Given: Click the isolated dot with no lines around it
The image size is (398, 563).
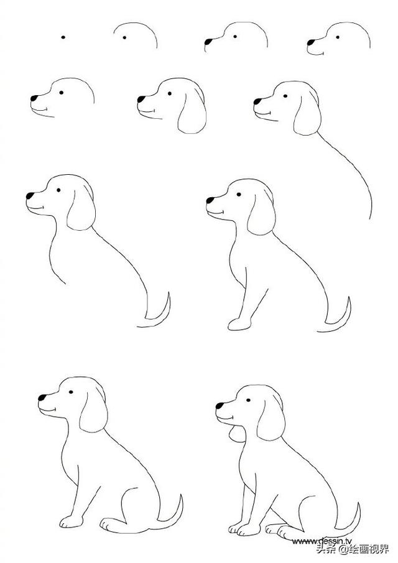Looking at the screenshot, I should click(63, 37).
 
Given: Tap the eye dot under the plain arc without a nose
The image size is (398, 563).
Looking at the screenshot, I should click(124, 37).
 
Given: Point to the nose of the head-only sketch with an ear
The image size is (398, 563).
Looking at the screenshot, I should click(141, 98).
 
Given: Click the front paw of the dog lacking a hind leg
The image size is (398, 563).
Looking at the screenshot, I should click(238, 323).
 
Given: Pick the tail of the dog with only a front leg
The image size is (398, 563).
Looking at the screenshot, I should click(341, 314).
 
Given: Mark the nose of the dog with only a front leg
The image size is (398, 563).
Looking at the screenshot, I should click(210, 200).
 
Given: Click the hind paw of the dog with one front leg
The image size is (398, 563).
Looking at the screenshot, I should click(113, 525).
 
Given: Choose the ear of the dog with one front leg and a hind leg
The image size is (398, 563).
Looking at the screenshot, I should click(93, 412).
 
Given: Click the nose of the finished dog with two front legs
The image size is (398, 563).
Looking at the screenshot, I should click(220, 406).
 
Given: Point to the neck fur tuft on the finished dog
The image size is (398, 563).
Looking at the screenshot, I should click(234, 434).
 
